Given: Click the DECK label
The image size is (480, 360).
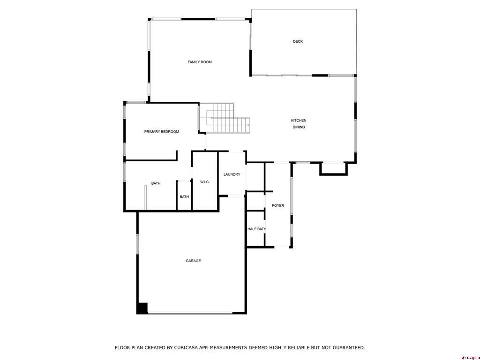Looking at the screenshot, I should [x=298, y=41].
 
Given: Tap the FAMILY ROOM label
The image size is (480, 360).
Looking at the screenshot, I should [x=200, y=62].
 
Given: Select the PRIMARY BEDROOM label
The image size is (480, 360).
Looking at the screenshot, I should [x=161, y=132].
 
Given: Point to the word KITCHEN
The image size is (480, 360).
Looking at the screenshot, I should [x=299, y=120].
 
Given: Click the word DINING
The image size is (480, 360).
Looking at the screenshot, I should [x=299, y=127].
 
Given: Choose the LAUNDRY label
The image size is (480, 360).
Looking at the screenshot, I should [x=232, y=174].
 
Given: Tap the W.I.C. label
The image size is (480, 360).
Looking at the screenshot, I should [x=205, y=182].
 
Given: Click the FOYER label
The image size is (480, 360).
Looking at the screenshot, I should [x=278, y=205].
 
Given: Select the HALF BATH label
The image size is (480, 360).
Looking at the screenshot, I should [x=256, y=229].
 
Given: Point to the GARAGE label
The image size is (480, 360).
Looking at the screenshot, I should [x=193, y=261].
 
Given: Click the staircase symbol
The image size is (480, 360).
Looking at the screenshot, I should [x=225, y=119].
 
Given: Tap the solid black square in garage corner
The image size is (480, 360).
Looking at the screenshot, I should [x=142, y=308].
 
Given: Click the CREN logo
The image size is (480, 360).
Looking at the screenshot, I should [x=470, y=357].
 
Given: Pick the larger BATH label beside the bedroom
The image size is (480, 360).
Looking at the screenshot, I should [x=156, y=183].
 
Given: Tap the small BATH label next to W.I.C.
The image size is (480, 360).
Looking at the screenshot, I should [x=184, y=197].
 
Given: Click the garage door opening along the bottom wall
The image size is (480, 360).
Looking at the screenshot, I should [x=190, y=313].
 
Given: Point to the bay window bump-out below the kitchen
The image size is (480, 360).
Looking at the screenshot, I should [x=334, y=169].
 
